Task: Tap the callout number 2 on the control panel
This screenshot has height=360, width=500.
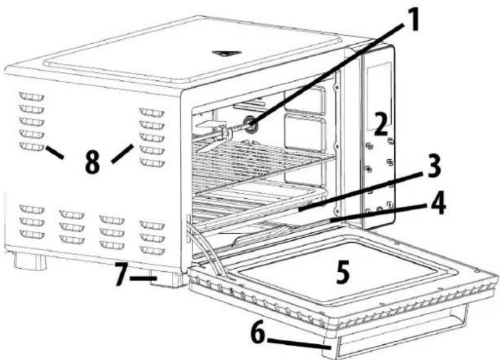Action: tap(381, 125)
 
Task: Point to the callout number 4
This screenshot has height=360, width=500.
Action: tap(436, 205)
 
